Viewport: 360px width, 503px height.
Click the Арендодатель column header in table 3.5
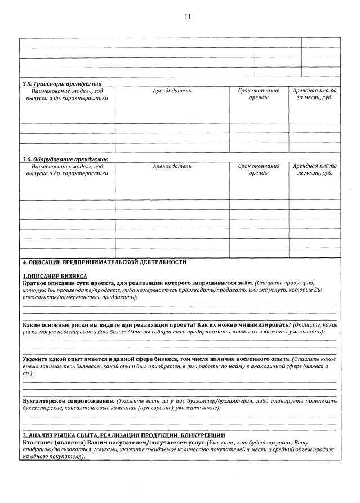172,91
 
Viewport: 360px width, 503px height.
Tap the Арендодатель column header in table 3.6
172,166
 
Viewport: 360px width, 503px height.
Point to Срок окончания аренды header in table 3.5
259,94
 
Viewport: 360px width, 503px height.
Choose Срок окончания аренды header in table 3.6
259,170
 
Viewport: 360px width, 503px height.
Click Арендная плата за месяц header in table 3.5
314,94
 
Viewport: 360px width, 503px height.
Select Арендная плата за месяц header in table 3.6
314,170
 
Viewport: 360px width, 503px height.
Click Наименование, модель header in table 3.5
67,94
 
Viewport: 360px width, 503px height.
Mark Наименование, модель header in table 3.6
67,170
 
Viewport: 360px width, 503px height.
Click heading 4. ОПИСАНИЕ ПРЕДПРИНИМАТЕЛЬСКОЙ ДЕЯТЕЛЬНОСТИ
104,262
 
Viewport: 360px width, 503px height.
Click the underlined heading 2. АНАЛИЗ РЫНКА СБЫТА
123,435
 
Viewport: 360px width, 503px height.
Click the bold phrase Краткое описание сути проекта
73,283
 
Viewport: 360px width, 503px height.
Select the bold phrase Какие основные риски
62,325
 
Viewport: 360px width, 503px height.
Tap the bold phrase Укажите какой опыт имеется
79,359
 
